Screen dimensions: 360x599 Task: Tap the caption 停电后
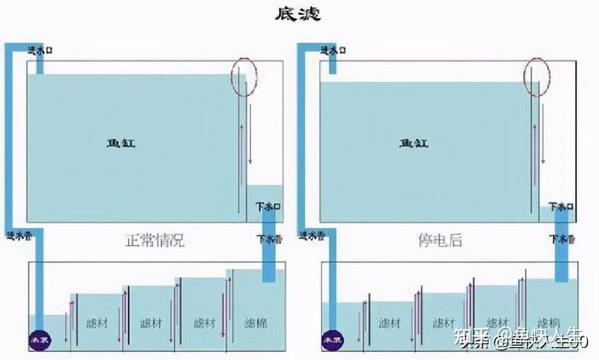click(440, 240)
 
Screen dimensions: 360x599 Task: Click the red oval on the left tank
click(244, 76)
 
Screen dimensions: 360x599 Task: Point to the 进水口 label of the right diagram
click(333, 50)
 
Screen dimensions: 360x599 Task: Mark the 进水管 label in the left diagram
click(19, 235)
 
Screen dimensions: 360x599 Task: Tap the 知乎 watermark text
click(470, 339)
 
